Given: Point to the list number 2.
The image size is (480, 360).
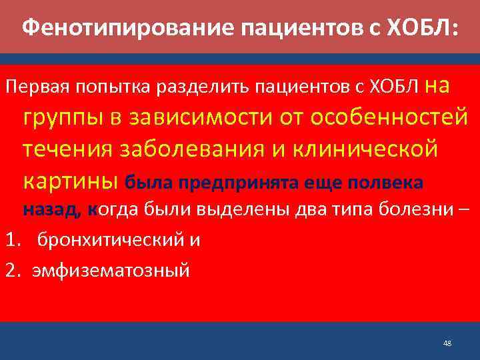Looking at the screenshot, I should (9, 271).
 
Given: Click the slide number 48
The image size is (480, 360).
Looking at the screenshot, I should (447, 343).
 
